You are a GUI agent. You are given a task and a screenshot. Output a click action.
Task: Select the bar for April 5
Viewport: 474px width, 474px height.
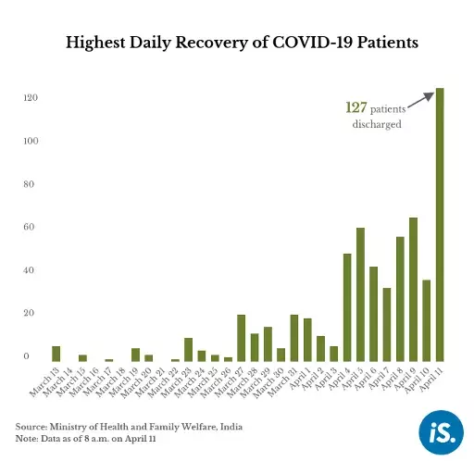(360, 294)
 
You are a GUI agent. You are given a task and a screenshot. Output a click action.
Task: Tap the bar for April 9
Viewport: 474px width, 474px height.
(413, 289)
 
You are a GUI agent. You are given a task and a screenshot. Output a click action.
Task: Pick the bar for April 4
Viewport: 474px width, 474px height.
(347, 306)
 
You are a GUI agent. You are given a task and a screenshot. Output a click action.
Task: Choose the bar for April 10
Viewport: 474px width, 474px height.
(426, 320)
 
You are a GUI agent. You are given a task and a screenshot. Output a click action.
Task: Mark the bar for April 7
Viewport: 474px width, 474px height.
(387, 324)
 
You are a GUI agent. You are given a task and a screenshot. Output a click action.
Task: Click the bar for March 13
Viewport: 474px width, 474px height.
(56, 354)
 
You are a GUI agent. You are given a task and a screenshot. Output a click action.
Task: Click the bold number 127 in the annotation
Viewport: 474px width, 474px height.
(356, 108)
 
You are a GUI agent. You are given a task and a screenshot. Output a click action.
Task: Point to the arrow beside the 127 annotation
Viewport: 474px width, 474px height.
(421, 100)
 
